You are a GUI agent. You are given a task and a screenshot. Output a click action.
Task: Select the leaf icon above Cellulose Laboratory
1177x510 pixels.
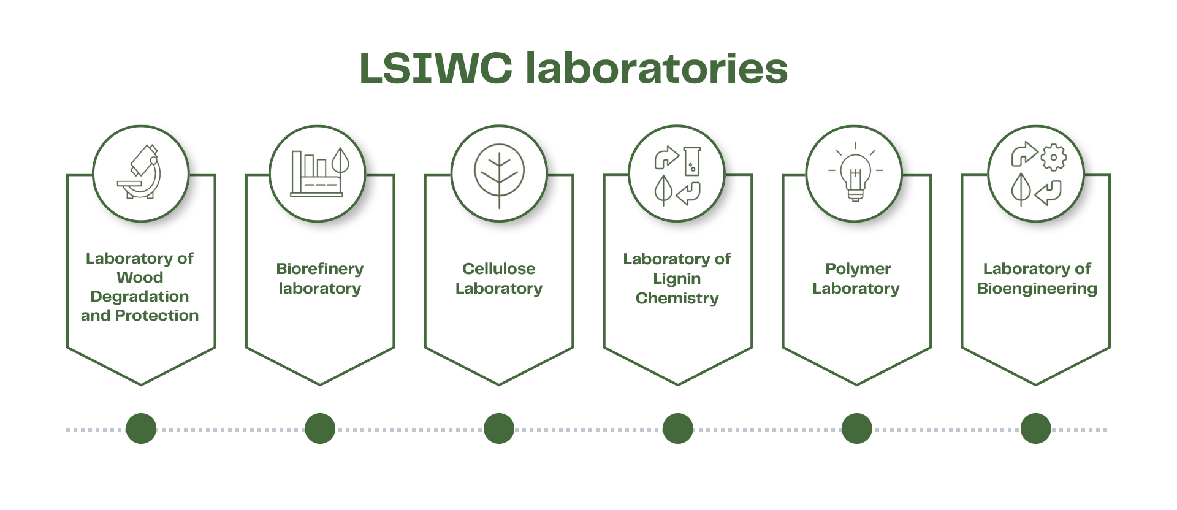pos(499,173)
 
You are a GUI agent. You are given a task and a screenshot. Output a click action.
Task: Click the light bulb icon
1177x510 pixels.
pos(856,174)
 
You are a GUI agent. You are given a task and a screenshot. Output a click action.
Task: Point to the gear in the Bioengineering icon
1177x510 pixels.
pos(1054,158)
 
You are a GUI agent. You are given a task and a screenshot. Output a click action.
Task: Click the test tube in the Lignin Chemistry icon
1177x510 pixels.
pos(692,161)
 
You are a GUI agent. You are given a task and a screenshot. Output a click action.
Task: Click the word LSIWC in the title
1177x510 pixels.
pos(435,68)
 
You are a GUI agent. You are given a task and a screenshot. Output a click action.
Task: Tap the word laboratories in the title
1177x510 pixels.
pos(657,68)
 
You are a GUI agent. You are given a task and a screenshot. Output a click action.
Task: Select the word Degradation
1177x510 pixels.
pos(140,297)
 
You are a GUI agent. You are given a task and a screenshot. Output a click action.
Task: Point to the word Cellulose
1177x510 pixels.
pos(498,269)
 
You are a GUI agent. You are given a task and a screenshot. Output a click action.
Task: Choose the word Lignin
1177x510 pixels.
pos(677,279)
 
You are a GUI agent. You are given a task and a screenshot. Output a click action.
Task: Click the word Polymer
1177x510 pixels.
pos(858,269)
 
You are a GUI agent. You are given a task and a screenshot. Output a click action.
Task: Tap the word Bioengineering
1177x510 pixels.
pos(1037,289)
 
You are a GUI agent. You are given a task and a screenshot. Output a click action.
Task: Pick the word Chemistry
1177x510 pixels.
pos(677,299)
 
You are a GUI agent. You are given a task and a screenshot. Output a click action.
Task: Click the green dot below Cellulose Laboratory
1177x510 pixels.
pos(499,428)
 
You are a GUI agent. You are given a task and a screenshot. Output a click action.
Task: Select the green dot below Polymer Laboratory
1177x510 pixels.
pos(856,428)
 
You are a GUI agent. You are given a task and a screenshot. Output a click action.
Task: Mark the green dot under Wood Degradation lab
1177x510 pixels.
pos(141,428)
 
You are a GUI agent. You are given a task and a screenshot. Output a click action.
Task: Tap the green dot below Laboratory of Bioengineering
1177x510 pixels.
pos(1035,428)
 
